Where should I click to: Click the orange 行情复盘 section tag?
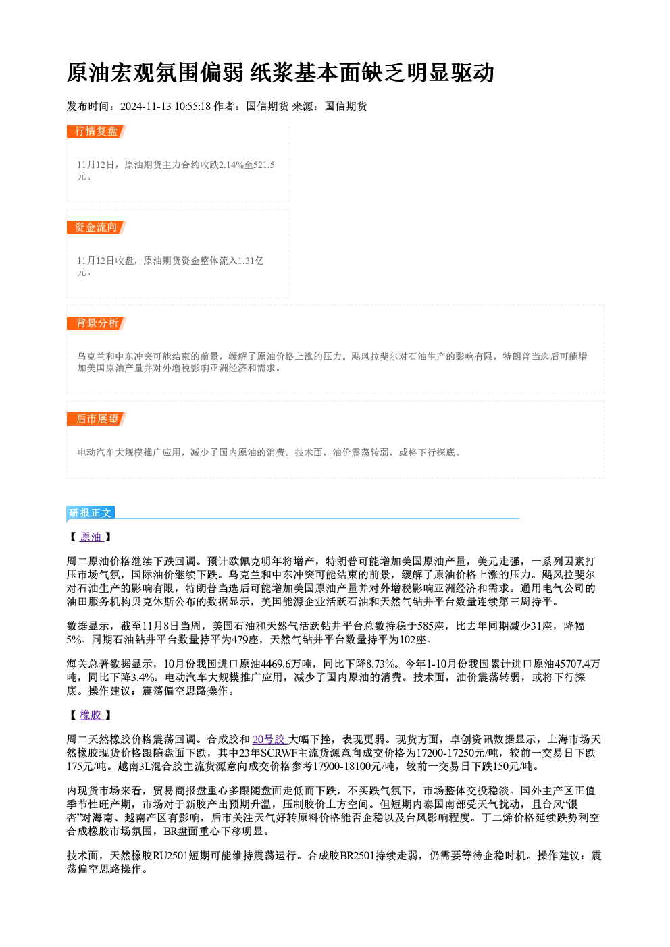pyautogui.click(x=96, y=132)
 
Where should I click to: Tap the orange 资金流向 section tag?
pyautogui.click(x=96, y=227)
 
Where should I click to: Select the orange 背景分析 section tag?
pyautogui.click(x=96, y=323)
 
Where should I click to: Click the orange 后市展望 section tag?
pyautogui.click(x=96, y=419)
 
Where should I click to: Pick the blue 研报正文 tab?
pyautogui.click(x=91, y=513)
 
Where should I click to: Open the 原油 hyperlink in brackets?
pyautogui.click(x=91, y=537)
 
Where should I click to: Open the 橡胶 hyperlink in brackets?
pyautogui.click(x=91, y=715)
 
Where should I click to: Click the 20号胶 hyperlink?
pyautogui.click(x=269, y=739)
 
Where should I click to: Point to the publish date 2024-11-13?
pyautogui.click(x=146, y=107)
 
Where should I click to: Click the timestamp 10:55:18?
pyautogui.click(x=193, y=107)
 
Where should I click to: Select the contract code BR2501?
pyautogui.click(x=358, y=856)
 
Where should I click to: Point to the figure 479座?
pyautogui.click(x=245, y=640)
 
